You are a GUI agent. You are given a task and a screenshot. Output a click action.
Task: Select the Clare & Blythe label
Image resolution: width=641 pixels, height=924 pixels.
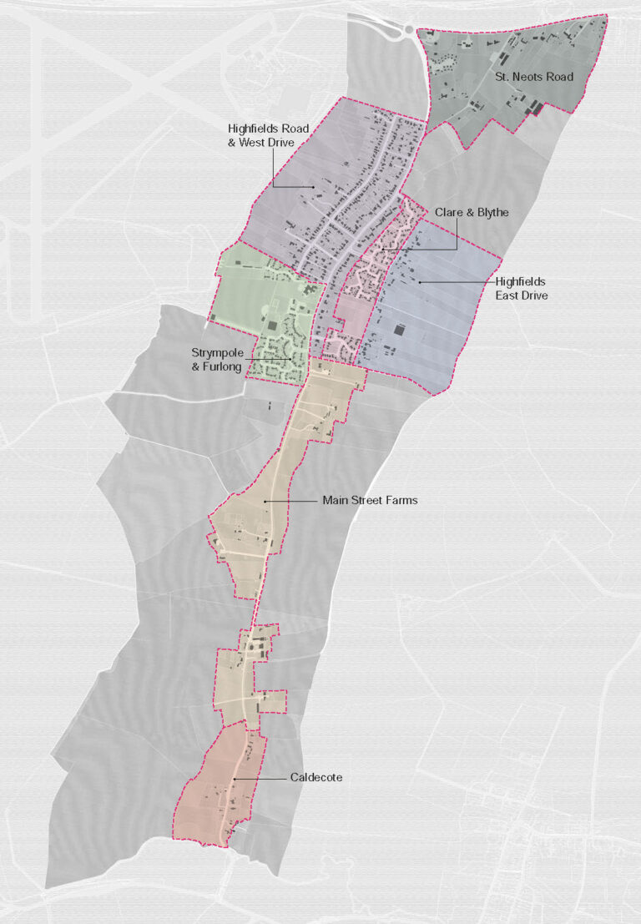coord(471,213)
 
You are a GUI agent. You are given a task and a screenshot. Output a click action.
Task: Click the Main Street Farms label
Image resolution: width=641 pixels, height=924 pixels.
coord(370,501)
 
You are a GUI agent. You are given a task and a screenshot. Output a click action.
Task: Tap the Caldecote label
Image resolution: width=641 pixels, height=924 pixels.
coord(316,777)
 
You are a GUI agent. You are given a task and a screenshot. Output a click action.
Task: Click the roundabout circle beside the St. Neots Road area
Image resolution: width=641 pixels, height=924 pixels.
coord(409,29)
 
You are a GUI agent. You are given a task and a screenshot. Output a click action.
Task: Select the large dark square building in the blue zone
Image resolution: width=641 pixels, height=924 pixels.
coord(398,331)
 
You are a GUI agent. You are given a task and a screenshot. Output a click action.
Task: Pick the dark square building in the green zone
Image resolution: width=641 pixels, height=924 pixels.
coord(272,324)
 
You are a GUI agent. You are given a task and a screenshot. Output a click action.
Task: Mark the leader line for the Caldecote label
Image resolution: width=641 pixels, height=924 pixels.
coord(259,778)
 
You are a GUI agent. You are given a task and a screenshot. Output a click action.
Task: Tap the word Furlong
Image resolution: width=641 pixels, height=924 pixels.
coord(220,366)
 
